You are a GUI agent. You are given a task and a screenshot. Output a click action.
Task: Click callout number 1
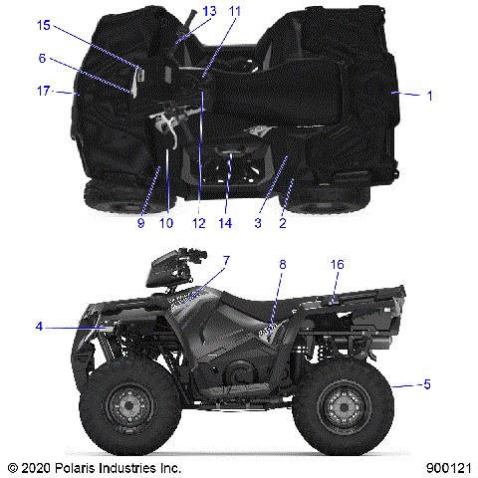pos(429,96)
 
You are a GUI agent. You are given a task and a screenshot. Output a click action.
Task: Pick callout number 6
pos(43,59)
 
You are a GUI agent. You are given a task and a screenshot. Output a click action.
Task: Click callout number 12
pos(199,224)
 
